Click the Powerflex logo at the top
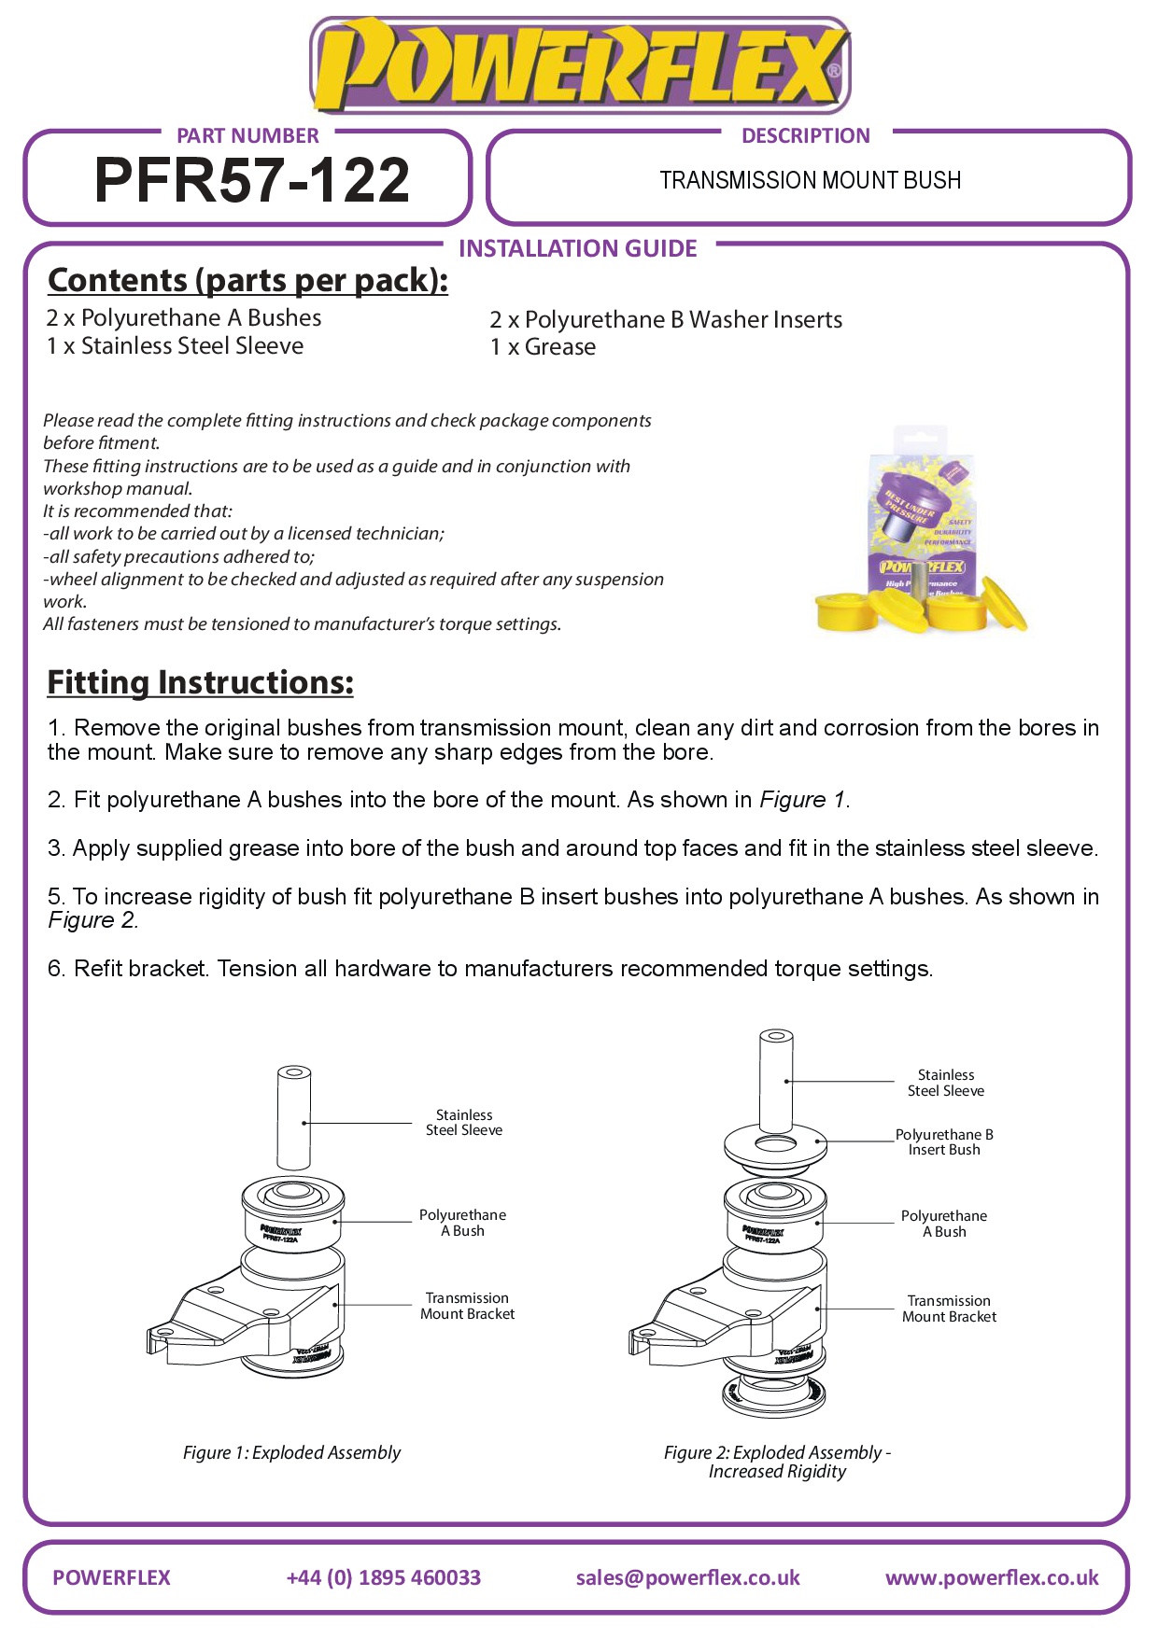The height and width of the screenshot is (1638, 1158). coord(579,65)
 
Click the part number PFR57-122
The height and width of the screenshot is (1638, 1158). coord(252,179)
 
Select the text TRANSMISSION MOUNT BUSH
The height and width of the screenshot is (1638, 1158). coord(810,180)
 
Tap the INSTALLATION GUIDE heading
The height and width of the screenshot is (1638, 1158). coord(578,248)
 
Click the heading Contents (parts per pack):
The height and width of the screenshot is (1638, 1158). coord(247,280)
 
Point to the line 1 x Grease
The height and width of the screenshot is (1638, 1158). coord(543,347)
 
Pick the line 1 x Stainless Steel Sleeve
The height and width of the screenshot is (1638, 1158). coord(175,346)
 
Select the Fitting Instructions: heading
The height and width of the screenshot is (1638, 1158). coord(200,682)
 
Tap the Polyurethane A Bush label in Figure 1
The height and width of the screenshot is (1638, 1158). coord(462,1223)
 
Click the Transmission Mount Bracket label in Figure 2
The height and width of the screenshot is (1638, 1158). coord(949,1309)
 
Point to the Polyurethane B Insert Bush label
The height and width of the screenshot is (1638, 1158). coord(944,1142)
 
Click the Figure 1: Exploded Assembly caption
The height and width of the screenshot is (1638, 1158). coord(291,1452)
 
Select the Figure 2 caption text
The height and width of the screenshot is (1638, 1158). coord(777,1462)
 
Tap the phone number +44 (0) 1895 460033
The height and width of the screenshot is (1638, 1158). coord(383,1577)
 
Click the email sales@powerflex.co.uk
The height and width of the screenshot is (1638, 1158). coord(687,1577)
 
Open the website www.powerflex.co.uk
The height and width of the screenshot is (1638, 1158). coord(992,1577)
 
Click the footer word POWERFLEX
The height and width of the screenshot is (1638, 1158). coord(111,1577)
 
